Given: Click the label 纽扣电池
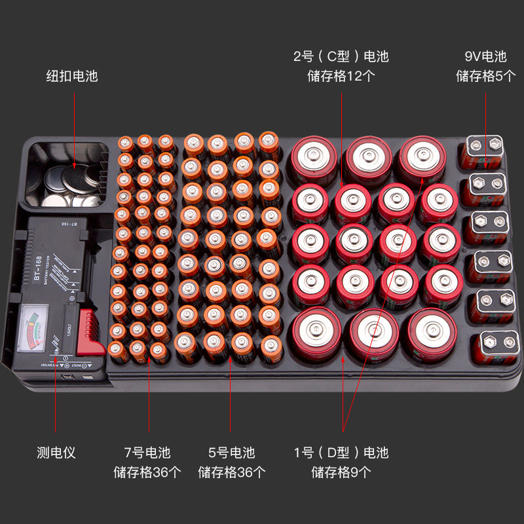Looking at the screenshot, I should [72, 76].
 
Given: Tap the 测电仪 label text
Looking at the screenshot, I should [56, 453].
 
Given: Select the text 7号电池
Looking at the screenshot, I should [147, 453].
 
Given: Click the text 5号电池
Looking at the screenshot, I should [231, 453].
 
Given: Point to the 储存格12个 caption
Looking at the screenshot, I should [341, 76].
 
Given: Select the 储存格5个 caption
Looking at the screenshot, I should [485, 76].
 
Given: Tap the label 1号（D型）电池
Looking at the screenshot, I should [341, 453].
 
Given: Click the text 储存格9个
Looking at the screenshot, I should [341, 472].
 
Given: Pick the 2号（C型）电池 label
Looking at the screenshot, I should [341, 56].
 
